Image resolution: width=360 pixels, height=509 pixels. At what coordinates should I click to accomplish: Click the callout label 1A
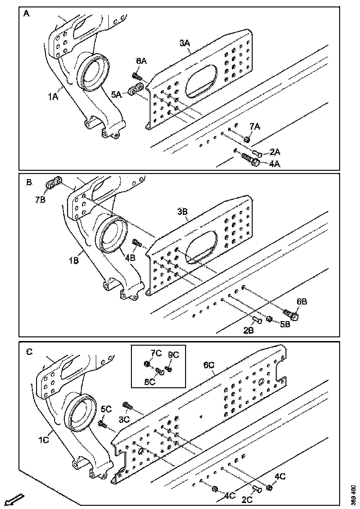[53, 97]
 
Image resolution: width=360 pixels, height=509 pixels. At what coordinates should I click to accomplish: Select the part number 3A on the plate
[185, 43]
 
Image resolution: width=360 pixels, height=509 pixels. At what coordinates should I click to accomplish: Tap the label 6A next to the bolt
[141, 61]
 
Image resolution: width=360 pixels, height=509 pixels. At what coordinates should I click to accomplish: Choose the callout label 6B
[301, 301]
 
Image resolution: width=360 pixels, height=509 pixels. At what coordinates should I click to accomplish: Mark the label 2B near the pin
[249, 330]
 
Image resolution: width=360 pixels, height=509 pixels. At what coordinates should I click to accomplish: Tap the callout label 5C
[106, 409]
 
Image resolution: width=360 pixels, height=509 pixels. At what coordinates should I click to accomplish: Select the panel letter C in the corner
[29, 352]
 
